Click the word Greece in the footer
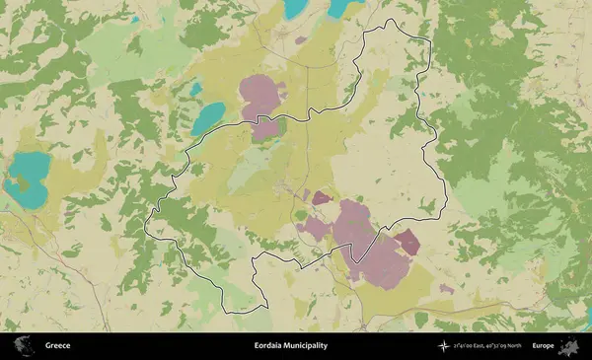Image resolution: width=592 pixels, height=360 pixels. coord(57,346)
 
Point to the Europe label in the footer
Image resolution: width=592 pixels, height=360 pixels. coord(543,346)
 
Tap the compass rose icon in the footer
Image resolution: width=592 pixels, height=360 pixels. coord(443,346)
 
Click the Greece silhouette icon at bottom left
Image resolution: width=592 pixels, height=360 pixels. coord(22,346)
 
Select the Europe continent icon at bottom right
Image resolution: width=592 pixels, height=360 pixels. coord(569,346)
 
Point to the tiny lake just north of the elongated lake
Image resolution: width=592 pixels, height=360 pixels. coord(195,89)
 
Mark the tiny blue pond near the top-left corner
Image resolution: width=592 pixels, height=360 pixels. coord(134,19)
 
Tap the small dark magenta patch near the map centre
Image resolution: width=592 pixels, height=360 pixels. coord(321,197)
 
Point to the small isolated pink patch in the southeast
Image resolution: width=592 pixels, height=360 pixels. coord(447,289)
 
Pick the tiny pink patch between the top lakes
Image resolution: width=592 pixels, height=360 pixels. coord(301,40)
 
